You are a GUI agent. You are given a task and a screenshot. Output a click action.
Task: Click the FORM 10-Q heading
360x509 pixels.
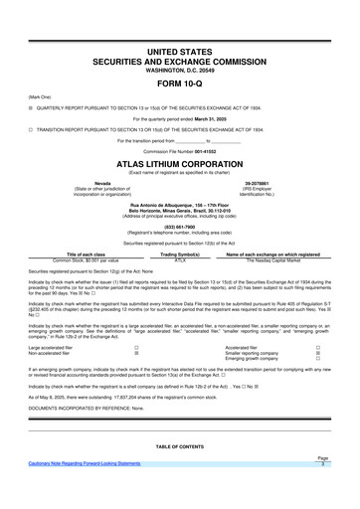pyautogui.click(x=179, y=84)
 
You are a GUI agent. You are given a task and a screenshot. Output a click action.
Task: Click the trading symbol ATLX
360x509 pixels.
pyautogui.click(x=180, y=258)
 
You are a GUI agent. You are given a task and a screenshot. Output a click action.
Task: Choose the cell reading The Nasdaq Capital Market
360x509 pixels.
pyautogui.click(x=271, y=258)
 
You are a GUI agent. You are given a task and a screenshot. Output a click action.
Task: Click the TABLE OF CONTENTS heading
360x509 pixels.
pyautogui.click(x=179, y=446)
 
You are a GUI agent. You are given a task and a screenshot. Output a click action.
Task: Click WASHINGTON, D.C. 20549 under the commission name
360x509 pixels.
pyautogui.click(x=179, y=67)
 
